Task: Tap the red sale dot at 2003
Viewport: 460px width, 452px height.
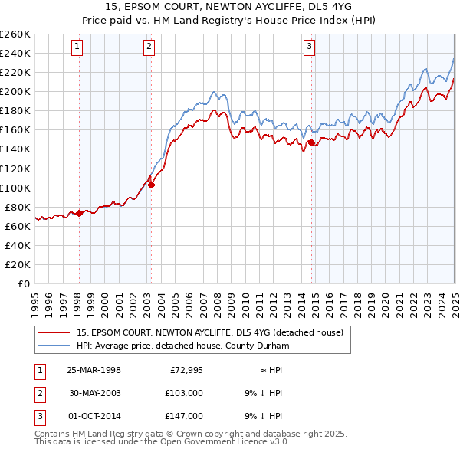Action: [x=152, y=184]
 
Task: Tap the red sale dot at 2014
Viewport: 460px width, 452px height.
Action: [x=311, y=142]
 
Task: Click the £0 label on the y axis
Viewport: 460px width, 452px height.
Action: [x=25, y=283]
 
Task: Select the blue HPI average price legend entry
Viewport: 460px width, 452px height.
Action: [x=181, y=346]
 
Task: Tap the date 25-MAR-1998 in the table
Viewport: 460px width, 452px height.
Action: [x=94, y=370]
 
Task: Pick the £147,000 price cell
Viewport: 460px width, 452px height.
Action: [x=185, y=416]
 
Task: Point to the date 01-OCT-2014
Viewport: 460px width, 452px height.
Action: [x=94, y=416]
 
